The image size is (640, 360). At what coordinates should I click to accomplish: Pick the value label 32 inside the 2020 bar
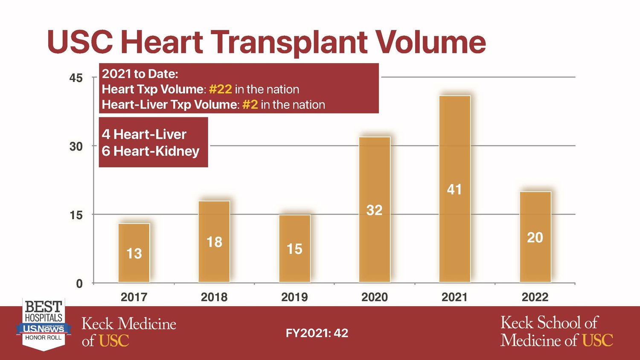pyautogui.click(x=374, y=210)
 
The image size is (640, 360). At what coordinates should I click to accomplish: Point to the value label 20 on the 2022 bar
pyautogui.click(x=535, y=238)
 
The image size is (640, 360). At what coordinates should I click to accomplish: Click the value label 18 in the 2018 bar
pyautogui.click(x=214, y=242)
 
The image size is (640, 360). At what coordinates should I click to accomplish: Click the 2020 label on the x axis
pyautogui.click(x=374, y=297)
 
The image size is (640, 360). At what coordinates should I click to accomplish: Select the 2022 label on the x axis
pyautogui.click(x=535, y=297)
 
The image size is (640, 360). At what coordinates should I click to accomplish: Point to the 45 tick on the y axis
pyautogui.click(x=76, y=78)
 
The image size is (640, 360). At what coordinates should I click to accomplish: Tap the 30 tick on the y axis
pyautogui.click(x=76, y=146)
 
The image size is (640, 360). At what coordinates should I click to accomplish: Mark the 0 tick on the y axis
pyautogui.click(x=79, y=284)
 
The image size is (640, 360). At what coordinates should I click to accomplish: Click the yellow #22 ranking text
pyautogui.click(x=221, y=89)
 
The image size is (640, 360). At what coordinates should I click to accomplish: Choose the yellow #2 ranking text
pyautogui.click(x=250, y=105)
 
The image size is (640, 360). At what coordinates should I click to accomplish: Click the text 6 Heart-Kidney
pyautogui.click(x=151, y=151)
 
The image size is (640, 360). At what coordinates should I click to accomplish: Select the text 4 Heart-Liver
pyautogui.click(x=144, y=134)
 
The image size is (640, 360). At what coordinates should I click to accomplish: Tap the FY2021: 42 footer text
pyautogui.click(x=317, y=333)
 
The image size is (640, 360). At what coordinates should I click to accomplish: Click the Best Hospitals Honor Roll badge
pyautogui.click(x=44, y=324)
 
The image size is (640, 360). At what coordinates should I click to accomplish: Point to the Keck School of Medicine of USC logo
pyautogui.click(x=556, y=331)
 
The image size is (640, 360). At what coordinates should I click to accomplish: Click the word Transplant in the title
pyautogui.click(x=289, y=42)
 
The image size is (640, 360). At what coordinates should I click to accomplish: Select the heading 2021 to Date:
pyautogui.click(x=140, y=74)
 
